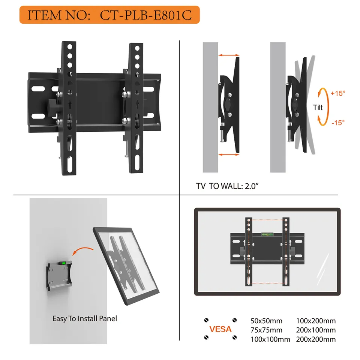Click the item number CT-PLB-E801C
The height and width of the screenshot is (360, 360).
click(146, 15)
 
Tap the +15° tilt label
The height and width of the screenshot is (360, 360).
click(338, 93)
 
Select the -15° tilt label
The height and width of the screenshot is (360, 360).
click(338, 123)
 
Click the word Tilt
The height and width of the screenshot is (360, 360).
click(318, 108)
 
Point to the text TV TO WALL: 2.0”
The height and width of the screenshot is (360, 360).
click(227, 186)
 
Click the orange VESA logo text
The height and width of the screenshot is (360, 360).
click(220, 329)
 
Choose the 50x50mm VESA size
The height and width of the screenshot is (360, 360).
click(266, 321)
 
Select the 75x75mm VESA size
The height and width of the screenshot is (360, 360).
click(266, 330)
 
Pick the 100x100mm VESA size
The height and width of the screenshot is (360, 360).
click(270, 339)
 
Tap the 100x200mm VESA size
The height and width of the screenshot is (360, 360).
click(316, 321)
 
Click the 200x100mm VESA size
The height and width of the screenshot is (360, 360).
click(316, 330)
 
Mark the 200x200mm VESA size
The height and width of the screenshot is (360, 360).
click(316, 339)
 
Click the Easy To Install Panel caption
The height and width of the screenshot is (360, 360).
click(84, 318)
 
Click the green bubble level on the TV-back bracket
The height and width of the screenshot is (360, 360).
click(267, 234)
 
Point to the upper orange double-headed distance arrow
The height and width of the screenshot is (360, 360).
click(229, 55)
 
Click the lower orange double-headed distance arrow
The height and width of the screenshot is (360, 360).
click(229, 155)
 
